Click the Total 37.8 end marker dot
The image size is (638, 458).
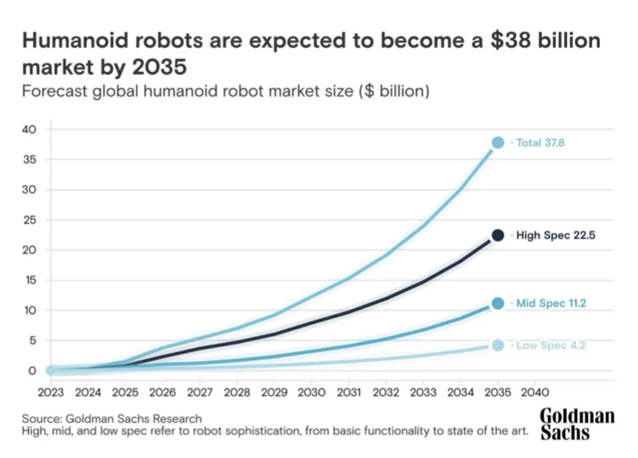(x=498, y=142)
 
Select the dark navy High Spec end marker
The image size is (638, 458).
(x=498, y=235)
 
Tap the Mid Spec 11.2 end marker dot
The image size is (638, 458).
(x=498, y=303)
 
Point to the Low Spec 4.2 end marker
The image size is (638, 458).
(x=498, y=346)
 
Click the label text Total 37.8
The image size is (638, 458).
(x=540, y=142)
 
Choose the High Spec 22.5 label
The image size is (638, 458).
(x=555, y=236)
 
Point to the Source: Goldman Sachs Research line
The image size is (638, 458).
(x=112, y=419)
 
